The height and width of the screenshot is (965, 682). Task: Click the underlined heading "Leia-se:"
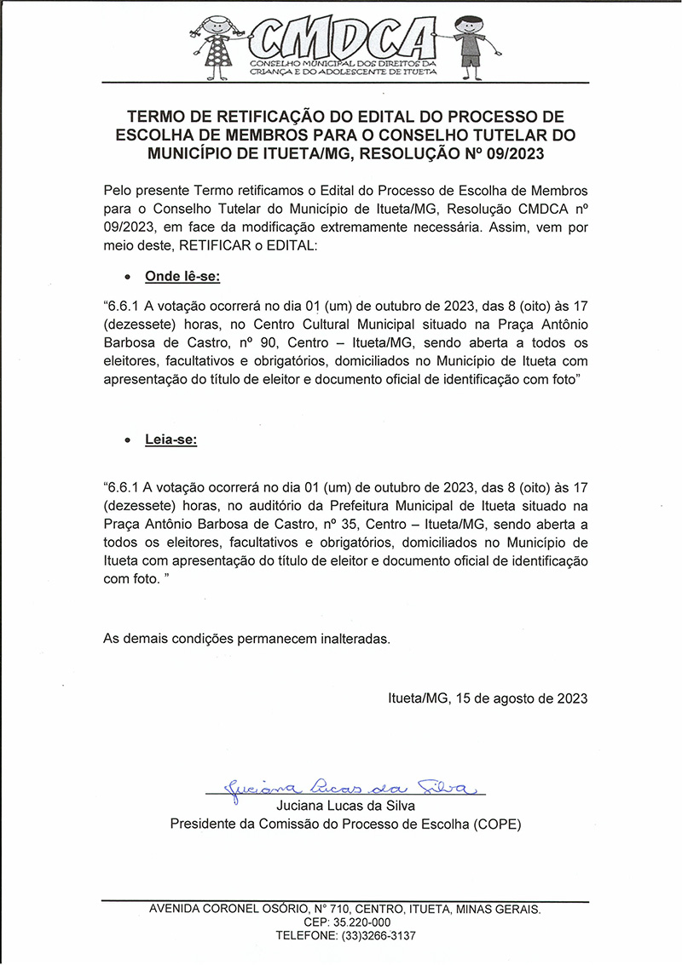point(170,440)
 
